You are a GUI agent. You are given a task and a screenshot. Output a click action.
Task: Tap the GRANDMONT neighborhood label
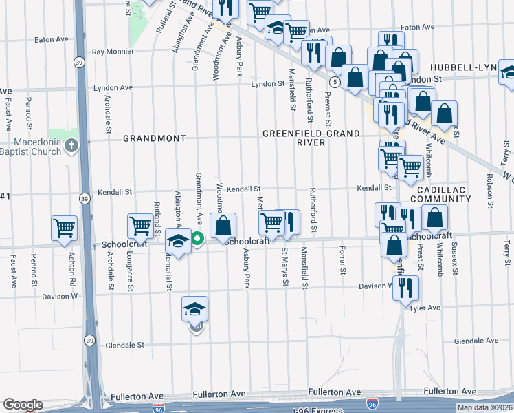(154, 138)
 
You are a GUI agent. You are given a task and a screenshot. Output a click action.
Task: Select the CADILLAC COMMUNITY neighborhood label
(440, 193)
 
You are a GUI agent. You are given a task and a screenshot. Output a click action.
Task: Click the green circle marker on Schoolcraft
(197, 240)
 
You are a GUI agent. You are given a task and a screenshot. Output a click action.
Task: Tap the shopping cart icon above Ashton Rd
(65, 227)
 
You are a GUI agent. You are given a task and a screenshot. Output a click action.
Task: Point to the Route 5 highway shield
(334, 82)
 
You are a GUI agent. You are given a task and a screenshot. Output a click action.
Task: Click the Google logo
(23, 405)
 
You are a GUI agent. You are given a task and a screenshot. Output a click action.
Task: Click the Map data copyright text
(484, 407)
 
